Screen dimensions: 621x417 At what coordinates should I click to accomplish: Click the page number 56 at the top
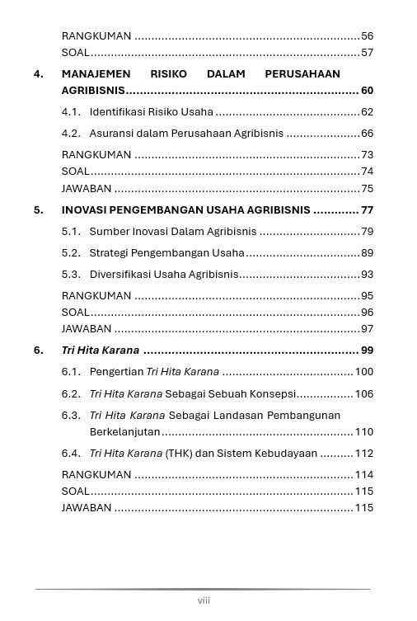(367, 36)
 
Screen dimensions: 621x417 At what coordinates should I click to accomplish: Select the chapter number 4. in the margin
(39, 74)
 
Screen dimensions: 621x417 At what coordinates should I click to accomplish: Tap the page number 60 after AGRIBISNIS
(367, 91)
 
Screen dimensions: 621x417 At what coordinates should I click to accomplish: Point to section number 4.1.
(72, 112)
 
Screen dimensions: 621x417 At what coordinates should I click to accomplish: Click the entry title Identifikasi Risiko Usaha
(151, 112)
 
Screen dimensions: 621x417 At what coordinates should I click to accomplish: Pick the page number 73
(367, 155)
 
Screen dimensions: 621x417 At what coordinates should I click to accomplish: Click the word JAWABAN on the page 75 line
(87, 189)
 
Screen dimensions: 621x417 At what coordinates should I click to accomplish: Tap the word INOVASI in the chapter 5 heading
(84, 210)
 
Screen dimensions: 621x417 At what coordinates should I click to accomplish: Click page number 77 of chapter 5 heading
(367, 210)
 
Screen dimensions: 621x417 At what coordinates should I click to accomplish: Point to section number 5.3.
(72, 275)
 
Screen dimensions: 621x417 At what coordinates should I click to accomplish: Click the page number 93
(367, 275)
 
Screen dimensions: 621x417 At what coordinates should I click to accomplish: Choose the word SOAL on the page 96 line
(75, 313)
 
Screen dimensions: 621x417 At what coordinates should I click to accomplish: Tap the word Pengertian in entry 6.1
(116, 372)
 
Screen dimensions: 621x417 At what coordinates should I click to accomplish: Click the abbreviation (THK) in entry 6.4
(180, 454)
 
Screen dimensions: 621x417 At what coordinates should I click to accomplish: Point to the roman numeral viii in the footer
(204, 600)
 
